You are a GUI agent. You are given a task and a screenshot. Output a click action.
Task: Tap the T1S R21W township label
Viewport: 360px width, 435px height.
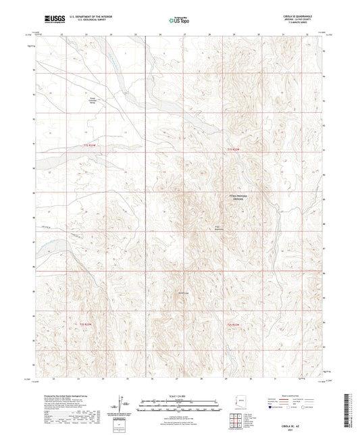tap(234, 148)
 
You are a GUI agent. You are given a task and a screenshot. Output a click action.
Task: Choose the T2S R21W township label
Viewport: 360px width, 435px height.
tap(234, 325)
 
